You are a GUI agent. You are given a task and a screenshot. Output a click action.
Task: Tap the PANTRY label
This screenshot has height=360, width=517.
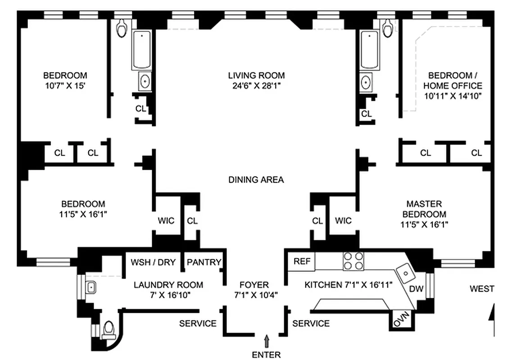point(204,262)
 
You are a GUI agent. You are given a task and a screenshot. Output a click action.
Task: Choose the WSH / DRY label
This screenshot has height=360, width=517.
point(153,262)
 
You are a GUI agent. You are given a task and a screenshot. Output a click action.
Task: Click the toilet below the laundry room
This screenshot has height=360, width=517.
point(109,331)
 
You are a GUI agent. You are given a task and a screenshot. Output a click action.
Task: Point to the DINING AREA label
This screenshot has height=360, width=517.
point(256,180)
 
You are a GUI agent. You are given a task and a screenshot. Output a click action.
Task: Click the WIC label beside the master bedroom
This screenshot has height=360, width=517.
point(343,221)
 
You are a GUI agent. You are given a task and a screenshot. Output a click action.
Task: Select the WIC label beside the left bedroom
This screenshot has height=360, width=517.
point(166,221)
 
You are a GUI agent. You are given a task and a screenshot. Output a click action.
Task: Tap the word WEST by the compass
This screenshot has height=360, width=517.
point(481,289)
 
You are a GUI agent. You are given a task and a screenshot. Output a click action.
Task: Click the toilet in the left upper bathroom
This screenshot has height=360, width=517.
point(122,29)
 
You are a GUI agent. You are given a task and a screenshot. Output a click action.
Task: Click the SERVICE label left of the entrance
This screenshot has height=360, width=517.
point(198,324)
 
